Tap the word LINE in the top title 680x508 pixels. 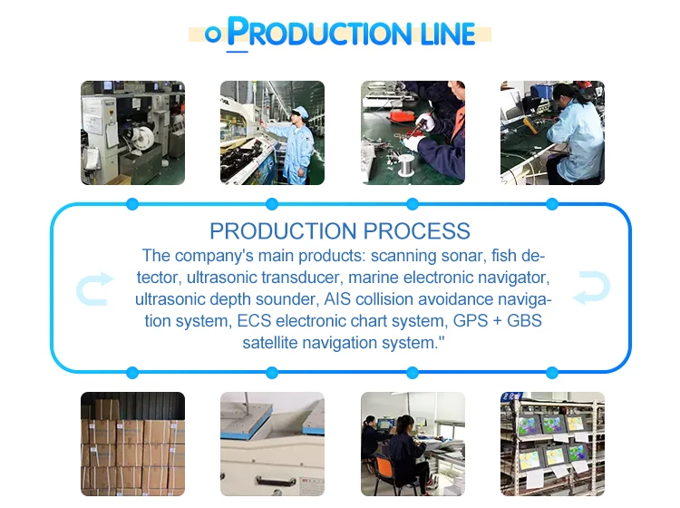click(443, 34)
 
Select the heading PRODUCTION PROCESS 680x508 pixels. click(340, 230)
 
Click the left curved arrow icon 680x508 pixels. click(94, 288)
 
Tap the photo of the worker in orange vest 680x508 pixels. click(413, 132)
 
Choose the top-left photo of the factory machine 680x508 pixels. click(132, 132)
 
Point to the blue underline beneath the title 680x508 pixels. click(237, 52)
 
